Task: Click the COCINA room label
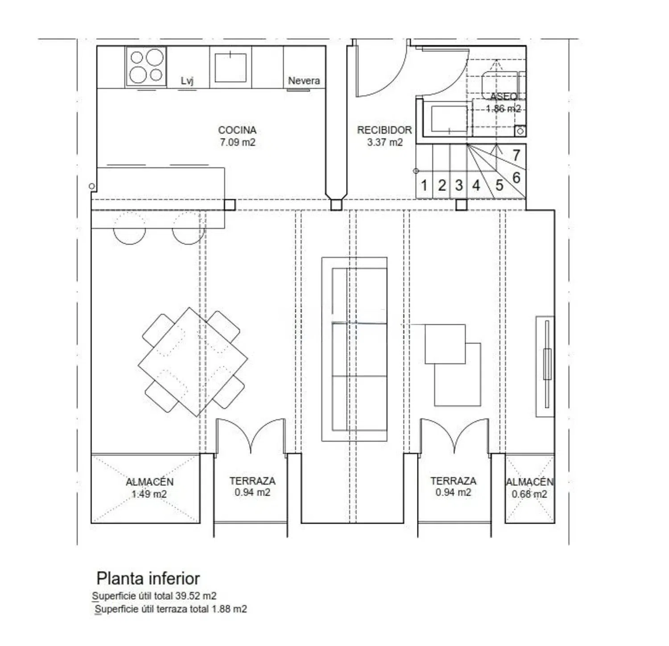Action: [237, 130]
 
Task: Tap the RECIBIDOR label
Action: [384, 130]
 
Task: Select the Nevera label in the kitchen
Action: [304, 81]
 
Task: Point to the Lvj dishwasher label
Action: [187, 81]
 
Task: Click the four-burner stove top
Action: [146, 66]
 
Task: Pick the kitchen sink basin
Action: [230, 67]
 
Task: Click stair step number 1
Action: [424, 185]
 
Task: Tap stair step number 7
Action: [516, 155]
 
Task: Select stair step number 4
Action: [476, 185]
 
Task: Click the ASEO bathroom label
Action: [504, 97]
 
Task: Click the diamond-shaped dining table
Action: [193, 362]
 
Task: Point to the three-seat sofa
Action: [355, 349]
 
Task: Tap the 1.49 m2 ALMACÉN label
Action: [149, 488]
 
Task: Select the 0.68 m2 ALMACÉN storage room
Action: [529, 488]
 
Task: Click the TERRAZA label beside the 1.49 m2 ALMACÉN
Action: [252, 481]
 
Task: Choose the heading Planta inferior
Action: [148, 578]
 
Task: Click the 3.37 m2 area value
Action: [384, 142]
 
